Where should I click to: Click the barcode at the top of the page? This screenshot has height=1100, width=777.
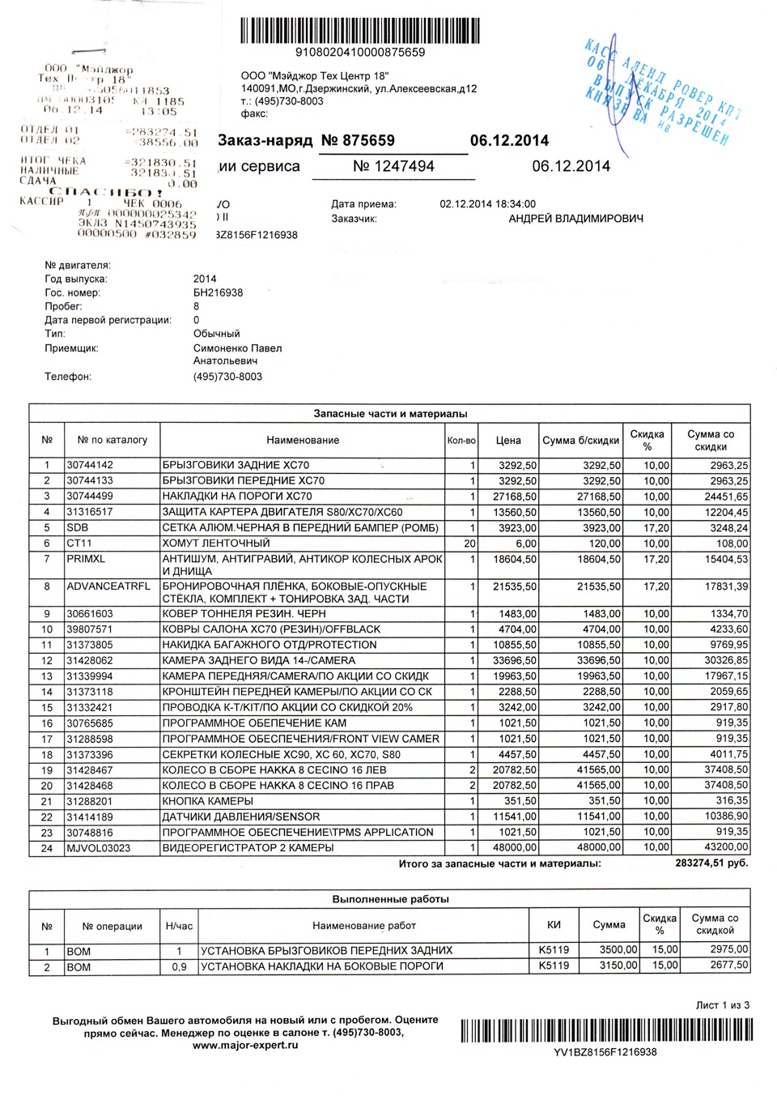[360, 30]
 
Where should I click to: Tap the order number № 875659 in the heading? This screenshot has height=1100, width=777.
[358, 140]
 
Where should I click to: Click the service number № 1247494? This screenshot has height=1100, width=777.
[393, 166]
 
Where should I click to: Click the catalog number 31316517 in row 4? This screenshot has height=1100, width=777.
[90, 512]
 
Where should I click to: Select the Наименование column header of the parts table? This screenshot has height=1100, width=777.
[303, 440]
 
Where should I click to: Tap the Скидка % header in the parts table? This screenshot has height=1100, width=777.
[647, 440]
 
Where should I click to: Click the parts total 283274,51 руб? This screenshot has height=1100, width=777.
[711, 863]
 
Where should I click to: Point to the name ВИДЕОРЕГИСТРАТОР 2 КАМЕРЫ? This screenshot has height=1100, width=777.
[248, 847]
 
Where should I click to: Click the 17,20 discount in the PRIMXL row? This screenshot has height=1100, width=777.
[656, 559]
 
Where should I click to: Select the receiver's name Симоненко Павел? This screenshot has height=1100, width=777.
[237, 348]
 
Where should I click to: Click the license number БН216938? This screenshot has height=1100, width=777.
[218, 292]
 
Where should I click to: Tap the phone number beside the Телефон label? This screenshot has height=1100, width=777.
[227, 377]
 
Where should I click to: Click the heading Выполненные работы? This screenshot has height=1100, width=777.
[390, 899]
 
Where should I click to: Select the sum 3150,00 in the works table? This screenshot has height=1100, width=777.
[619, 966]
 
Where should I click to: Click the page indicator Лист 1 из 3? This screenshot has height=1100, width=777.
[722, 1005]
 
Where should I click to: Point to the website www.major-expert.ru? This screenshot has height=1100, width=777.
[245, 1045]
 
